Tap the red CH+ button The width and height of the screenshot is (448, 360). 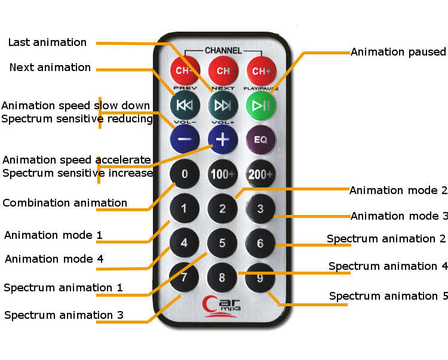click(261, 71)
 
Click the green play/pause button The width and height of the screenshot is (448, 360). click(261, 106)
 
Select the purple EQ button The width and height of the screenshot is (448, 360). click(260, 140)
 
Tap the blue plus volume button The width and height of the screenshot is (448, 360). click(223, 140)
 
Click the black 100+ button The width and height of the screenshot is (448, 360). click(223, 174)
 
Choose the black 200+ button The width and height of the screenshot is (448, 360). click(260, 174)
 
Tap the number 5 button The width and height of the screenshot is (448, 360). click(222, 243)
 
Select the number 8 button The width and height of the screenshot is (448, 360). click(222, 278)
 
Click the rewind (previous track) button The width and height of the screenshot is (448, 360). click(185, 105)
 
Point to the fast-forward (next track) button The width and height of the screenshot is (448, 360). click(223, 106)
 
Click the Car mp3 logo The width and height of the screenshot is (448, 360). click(222, 306)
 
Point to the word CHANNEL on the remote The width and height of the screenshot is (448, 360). click(223, 51)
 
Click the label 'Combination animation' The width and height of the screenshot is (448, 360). click(65, 203)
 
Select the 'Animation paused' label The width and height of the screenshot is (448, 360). click(398, 52)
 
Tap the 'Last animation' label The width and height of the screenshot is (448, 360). click(47, 42)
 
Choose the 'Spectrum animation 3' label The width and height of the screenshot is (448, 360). click(64, 315)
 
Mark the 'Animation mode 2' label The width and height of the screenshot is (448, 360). click(398, 190)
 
